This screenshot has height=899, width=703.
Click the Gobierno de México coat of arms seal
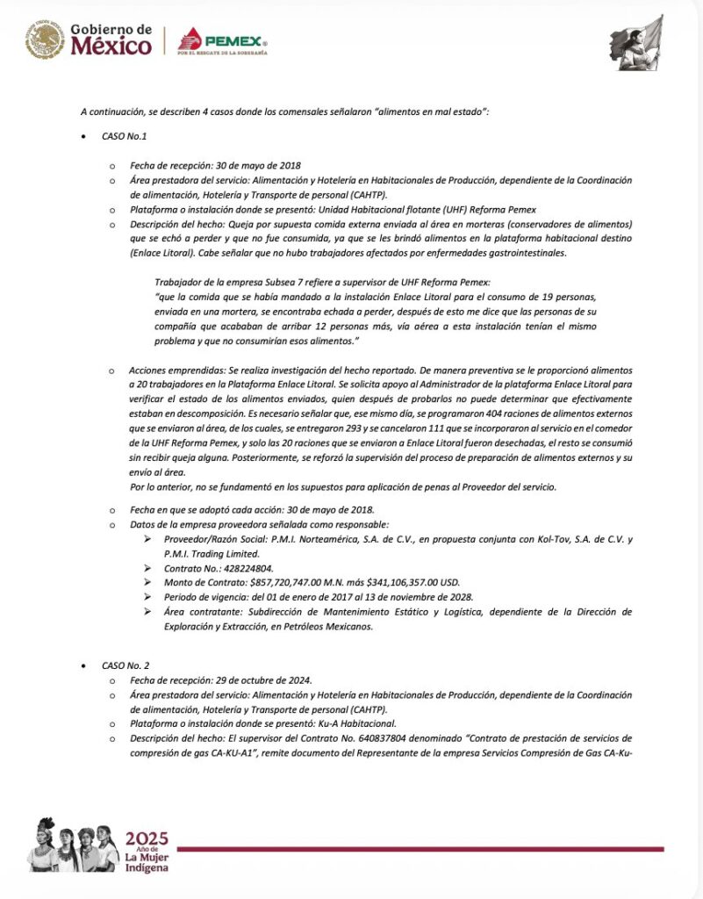45,40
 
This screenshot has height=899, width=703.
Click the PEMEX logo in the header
223,40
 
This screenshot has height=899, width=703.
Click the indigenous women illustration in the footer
74,844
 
